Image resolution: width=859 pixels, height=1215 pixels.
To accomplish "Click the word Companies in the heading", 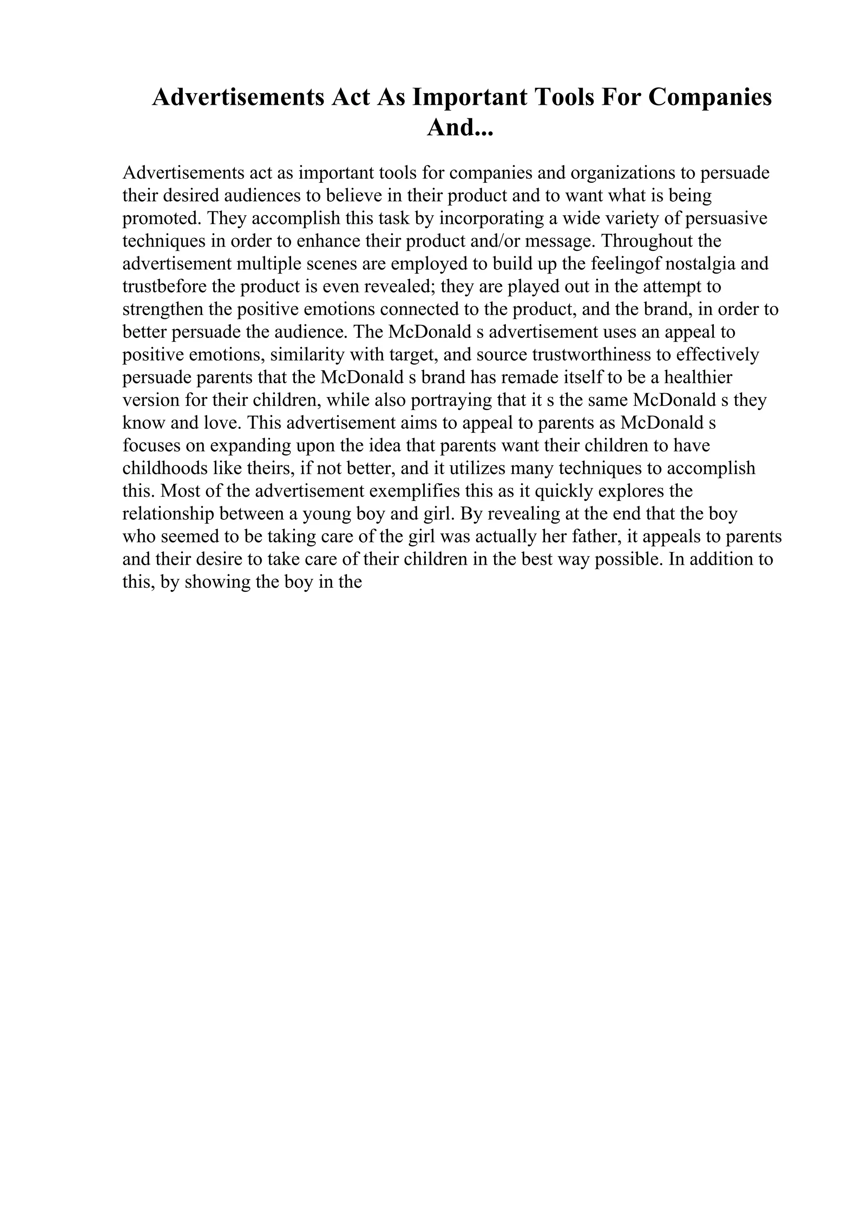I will coord(710,97).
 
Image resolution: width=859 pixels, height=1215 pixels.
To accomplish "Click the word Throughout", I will coord(645,241).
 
